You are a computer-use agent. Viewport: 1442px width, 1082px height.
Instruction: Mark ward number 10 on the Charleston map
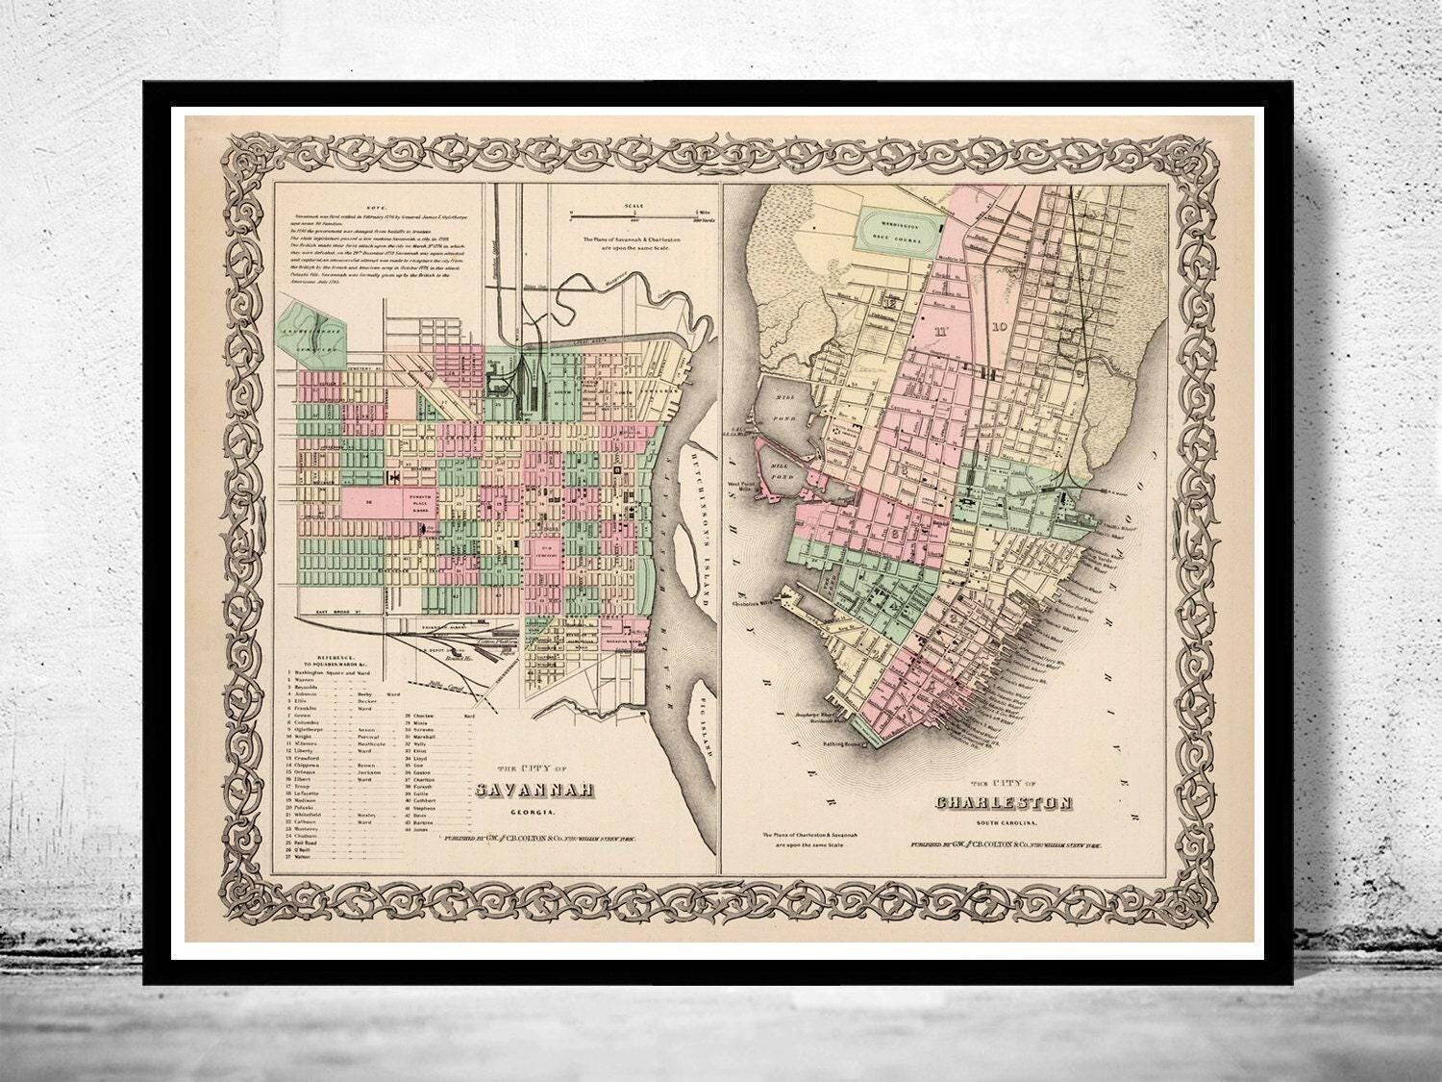[x=1000, y=327]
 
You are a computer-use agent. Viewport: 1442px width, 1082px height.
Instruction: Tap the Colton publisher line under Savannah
[x=540, y=840]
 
